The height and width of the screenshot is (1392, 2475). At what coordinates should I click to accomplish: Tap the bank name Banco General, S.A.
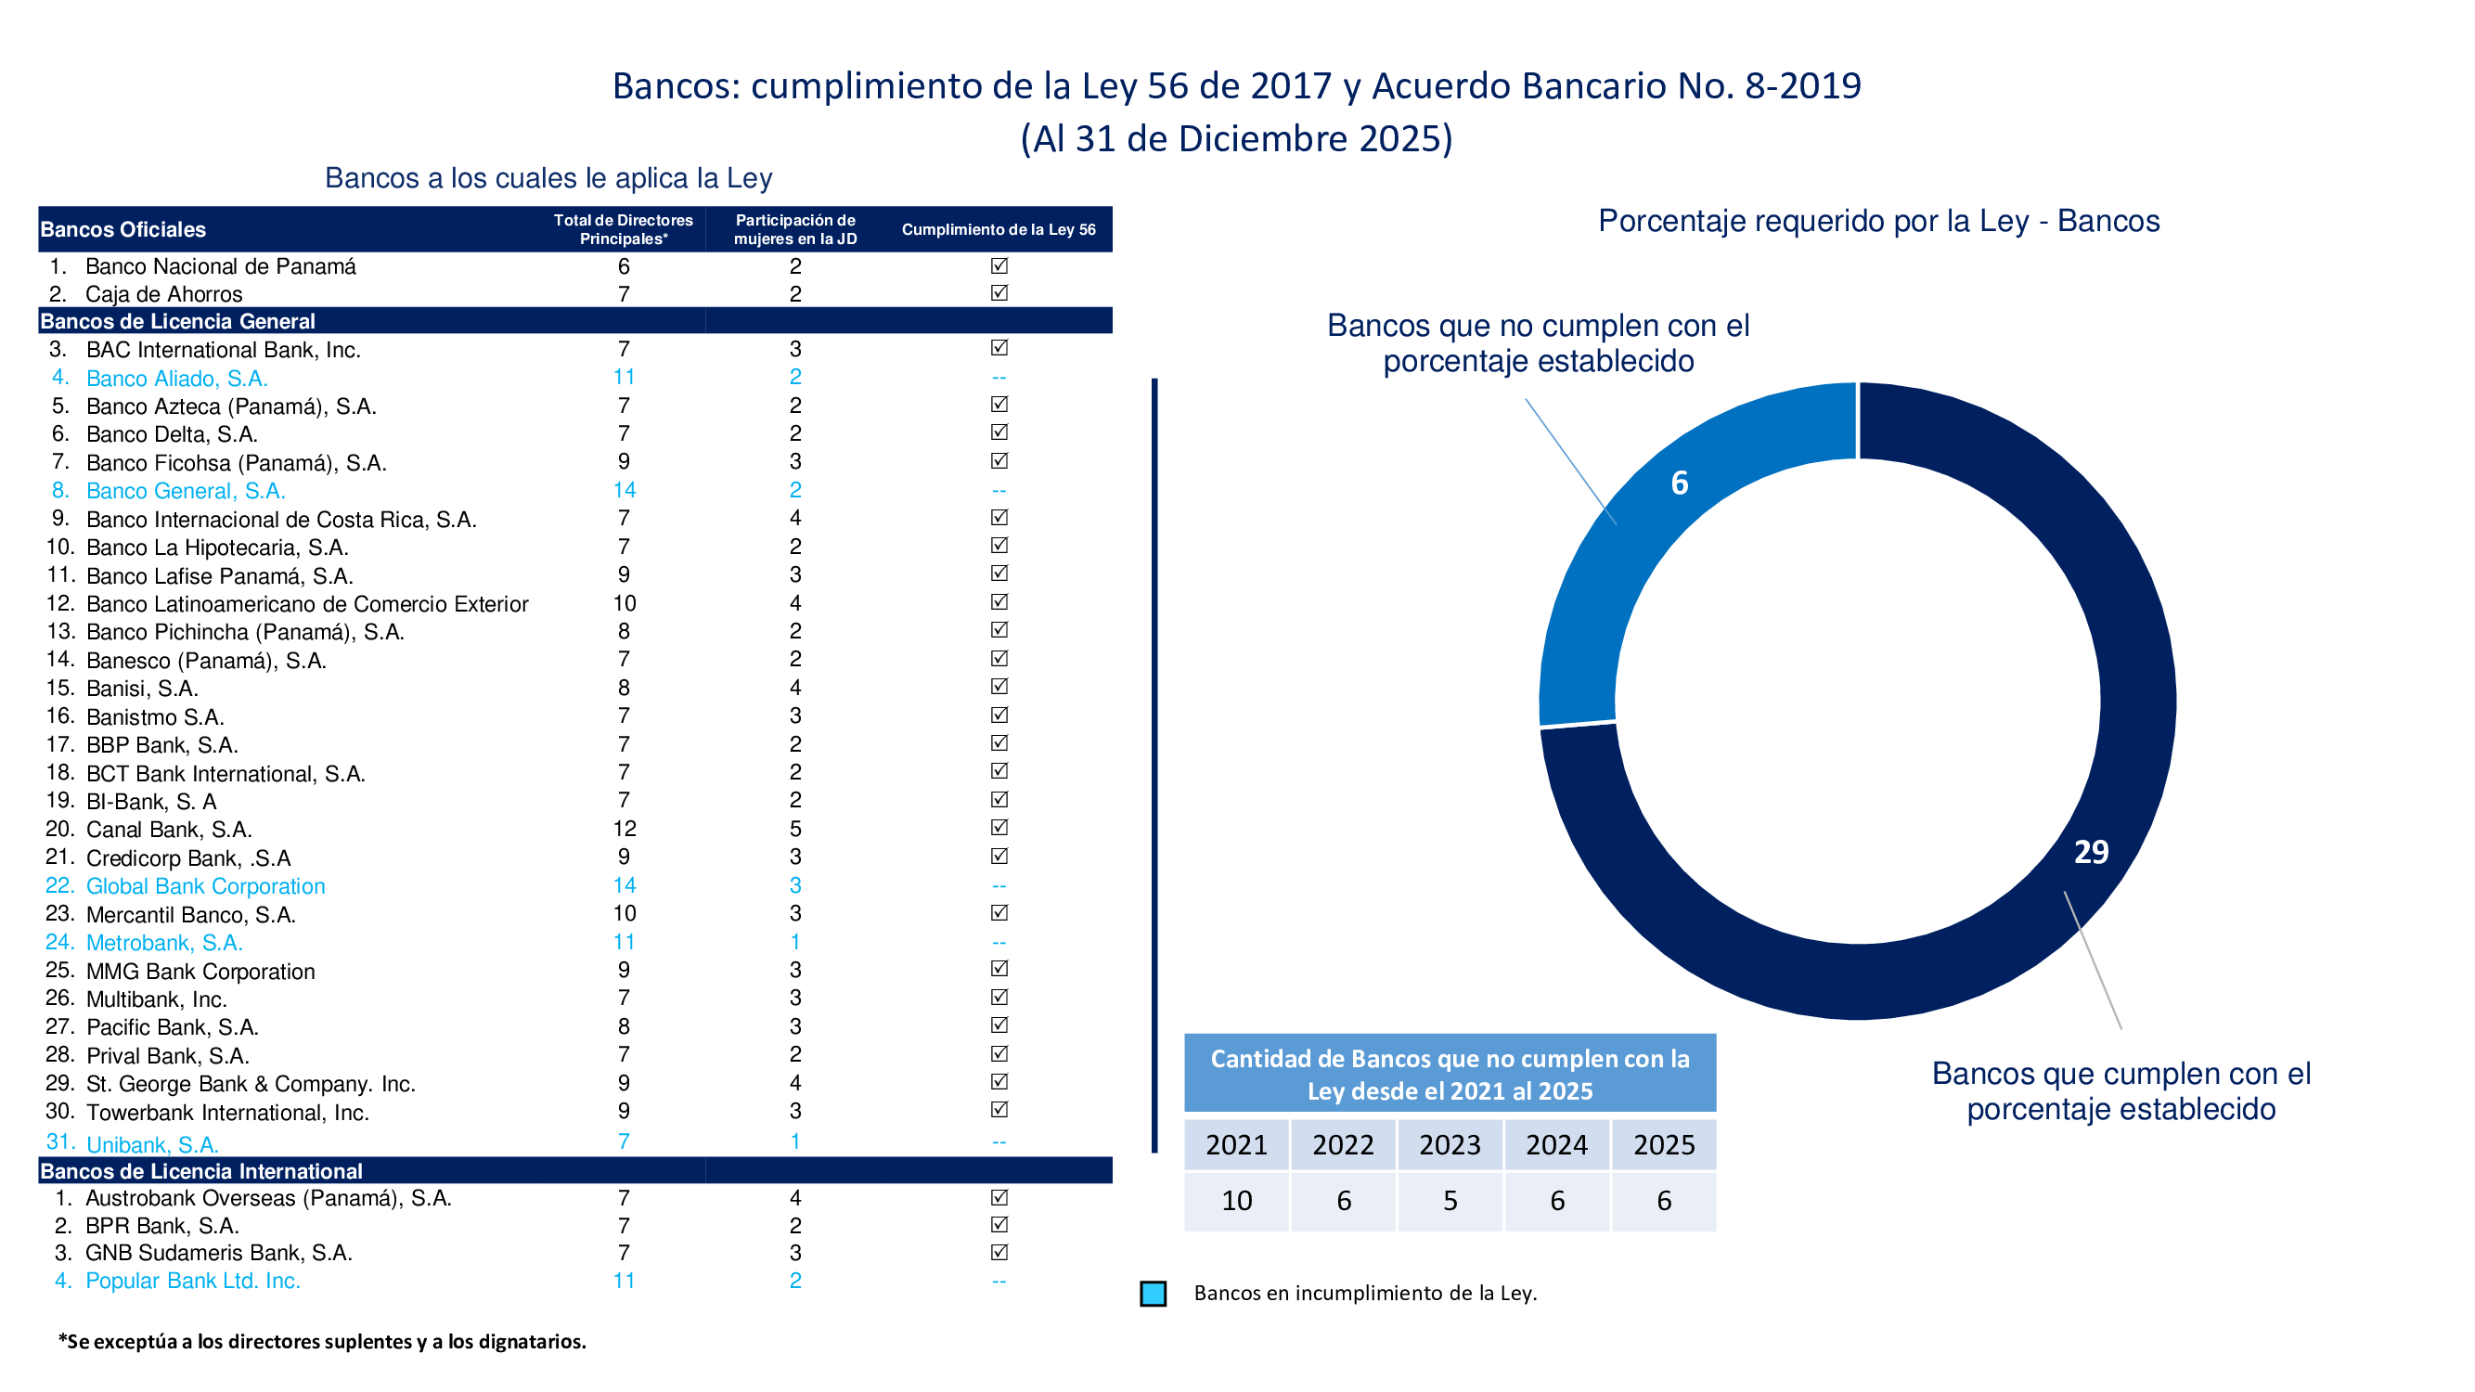[186, 491]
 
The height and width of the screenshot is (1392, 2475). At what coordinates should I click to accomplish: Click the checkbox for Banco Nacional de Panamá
[999, 265]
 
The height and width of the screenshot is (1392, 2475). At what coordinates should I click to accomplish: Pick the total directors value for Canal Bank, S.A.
[625, 828]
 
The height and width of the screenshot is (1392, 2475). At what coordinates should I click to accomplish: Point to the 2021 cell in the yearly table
[1236, 1145]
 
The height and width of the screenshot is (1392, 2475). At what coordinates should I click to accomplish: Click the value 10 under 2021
[1236, 1201]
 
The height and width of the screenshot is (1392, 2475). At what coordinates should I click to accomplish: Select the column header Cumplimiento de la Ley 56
[999, 229]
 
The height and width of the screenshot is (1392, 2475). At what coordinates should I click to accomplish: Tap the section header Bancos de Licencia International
[201, 1171]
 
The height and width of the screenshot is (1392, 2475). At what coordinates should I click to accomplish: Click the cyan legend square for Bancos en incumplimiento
[1153, 1293]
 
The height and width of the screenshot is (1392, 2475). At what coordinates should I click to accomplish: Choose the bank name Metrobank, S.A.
[164, 943]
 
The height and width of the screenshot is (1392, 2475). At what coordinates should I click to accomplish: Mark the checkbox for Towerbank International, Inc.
[999, 1110]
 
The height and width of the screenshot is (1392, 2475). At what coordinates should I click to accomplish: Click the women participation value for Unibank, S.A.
[795, 1141]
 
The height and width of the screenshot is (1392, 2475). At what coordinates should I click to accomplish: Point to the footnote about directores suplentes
[322, 1341]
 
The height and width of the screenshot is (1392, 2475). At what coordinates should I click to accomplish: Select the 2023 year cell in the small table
[1450, 1145]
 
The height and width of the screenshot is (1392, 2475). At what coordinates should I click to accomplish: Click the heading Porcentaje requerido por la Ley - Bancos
[1878, 221]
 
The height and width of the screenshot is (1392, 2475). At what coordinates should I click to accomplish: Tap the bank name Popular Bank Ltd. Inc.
[193, 1281]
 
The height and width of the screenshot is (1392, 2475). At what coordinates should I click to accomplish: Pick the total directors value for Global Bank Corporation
[625, 884]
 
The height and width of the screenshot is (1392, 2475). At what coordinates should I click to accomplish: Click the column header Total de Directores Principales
[623, 229]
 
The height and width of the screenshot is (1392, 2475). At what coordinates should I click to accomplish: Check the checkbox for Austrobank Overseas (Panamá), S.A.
[999, 1197]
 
